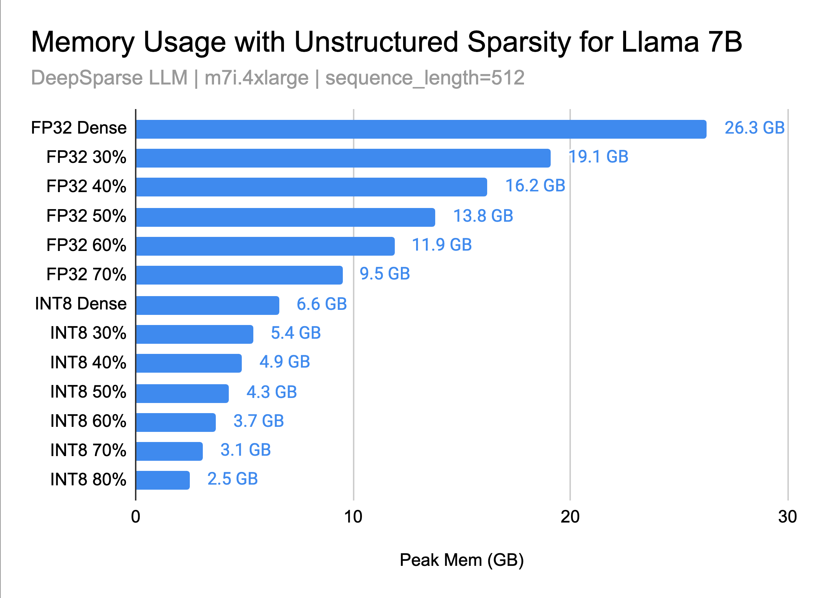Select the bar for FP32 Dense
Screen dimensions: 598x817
tap(421, 129)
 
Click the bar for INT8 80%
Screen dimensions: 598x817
tap(163, 480)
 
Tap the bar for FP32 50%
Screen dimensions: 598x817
tap(285, 217)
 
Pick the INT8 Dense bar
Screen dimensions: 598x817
tap(207, 305)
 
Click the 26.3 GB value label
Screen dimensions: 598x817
tap(754, 128)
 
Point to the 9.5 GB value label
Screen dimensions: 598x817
tap(384, 274)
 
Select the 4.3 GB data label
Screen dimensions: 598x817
tap(272, 392)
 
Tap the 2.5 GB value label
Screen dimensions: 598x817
tap(232, 479)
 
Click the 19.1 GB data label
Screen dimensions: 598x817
tap(598, 157)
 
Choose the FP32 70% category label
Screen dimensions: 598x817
tap(87, 274)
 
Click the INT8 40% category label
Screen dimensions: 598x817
tap(88, 362)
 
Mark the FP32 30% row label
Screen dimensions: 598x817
tap(87, 157)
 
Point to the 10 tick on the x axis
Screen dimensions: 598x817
tap(353, 517)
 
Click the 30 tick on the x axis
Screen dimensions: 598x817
tap(787, 517)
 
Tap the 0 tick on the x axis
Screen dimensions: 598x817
tap(136, 517)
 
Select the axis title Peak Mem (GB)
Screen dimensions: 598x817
tap(462, 560)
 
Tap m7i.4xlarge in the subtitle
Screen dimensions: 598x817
tap(257, 78)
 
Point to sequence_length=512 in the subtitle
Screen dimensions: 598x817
tap(425, 78)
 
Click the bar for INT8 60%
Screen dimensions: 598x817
tap(176, 422)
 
